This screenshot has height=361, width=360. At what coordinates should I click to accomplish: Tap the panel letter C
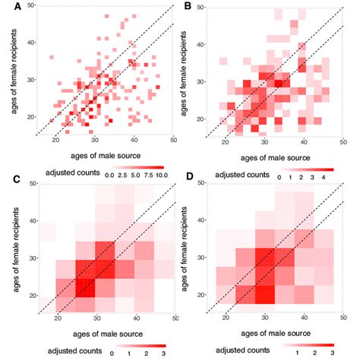[x=8, y=179]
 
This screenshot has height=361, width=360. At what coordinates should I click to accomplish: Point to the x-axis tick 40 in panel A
[x=134, y=141]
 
